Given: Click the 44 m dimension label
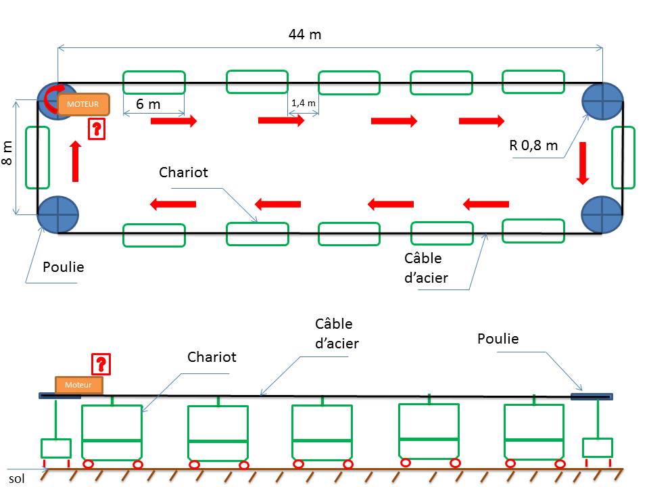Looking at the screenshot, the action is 305,34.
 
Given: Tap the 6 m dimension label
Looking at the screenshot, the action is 148,104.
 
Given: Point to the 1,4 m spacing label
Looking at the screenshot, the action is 304,103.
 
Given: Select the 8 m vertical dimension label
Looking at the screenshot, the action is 7,153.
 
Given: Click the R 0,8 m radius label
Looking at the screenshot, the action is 533,145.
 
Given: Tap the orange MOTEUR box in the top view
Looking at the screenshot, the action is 83,104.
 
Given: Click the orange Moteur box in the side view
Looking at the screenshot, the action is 78,385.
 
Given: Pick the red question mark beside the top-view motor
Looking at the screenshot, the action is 97,129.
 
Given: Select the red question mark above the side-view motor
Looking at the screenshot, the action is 101,364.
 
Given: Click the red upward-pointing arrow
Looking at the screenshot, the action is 75,162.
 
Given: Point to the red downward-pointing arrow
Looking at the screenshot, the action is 583,163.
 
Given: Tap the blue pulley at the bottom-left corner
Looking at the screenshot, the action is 58,214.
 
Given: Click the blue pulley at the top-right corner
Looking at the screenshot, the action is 602,101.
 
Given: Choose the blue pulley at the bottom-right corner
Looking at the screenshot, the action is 602,214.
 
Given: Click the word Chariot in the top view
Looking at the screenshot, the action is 183,172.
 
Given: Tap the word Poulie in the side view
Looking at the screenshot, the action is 498,339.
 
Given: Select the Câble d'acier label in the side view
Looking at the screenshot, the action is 337,333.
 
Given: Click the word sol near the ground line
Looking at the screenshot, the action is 16,479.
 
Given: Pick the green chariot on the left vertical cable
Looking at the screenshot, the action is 38,158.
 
